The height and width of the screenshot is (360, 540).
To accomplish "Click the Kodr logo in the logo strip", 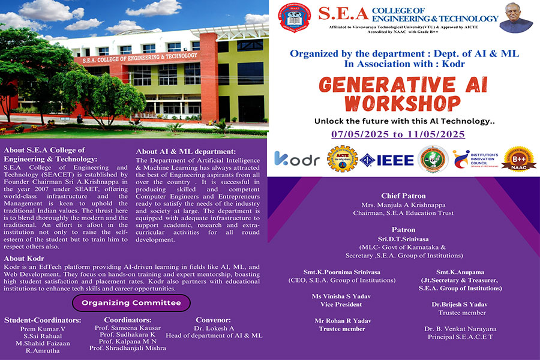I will [x=298, y=159].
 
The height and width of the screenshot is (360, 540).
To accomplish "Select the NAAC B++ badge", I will [x=518, y=160].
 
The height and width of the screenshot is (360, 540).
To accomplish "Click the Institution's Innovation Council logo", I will [x=477, y=160].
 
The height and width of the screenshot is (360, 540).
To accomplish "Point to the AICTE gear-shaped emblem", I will [x=342, y=160].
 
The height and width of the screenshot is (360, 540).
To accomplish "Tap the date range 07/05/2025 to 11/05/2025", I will [x=398, y=134].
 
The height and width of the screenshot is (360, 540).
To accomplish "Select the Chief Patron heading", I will [x=403, y=196].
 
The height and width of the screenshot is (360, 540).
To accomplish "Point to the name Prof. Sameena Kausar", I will [x=128, y=328].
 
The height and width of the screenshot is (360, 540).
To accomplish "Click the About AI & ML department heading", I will [x=186, y=151].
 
